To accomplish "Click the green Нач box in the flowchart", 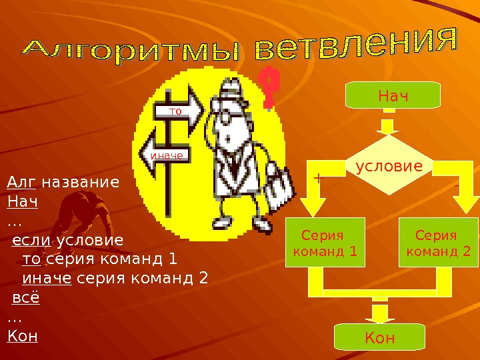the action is [x=393, y=95].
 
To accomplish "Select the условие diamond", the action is [x=389, y=166].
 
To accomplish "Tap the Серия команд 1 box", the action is [x=325, y=243].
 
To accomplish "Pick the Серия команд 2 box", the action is [x=438, y=243].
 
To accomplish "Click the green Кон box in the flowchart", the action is [x=379, y=337].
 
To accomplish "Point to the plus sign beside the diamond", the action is [x=317, y=179].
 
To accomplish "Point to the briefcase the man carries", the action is [x=278, y=187].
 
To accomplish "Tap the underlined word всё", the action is [x=26, y=297].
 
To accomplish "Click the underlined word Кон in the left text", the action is [x=23, y=335].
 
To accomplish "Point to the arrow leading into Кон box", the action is [x=381, y=313].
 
